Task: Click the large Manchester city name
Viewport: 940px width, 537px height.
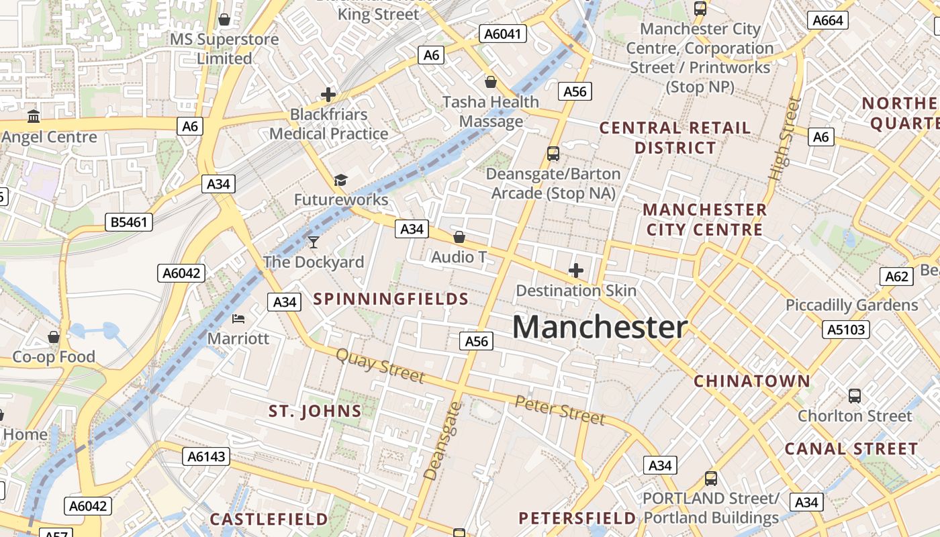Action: pyautogui.click(x=600, y=328)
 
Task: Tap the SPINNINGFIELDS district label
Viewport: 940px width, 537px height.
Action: pyautogui.click(x=391, y=299)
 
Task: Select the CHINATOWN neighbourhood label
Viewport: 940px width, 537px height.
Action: pyautogui.click(x=752, y=381)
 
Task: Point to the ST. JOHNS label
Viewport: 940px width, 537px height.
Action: pyautogui.click(x=315, y=411)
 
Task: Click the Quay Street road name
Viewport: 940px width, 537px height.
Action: pyautogui.click(x=380, y=365)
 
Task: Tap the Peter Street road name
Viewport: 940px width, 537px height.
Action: pyautogui.click(x=560, y=409)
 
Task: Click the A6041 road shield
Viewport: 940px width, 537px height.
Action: pyautogui.click(x=502, y=34)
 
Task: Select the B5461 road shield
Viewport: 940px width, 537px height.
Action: pyautogui.click(x=129, y=222)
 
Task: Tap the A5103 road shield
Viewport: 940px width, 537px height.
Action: pyautogui.click(x=846, y=330)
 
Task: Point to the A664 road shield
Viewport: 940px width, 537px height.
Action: pyautogui.click(x=827, y=20)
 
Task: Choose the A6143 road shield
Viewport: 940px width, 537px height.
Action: pyautogui.click(x=206, y=456)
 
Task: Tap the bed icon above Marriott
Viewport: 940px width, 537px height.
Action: pyautogui.click(x=238, y=318)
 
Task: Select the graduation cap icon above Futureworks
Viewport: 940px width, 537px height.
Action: pyautogui.click(x=340, y=180)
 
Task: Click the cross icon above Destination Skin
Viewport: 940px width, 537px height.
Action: pyautogui.click(x=575, y=271)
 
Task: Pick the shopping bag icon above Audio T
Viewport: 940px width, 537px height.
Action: pyautogui.click(x=459, y=237)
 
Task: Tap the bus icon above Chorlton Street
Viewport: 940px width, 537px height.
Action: pyautogui.click(x=854, y=396)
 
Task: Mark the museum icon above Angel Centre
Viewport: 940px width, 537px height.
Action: pyautogui.click(x=34, y=117)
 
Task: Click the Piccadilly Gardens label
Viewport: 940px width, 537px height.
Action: pyautogui.click(x=851, y=305)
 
